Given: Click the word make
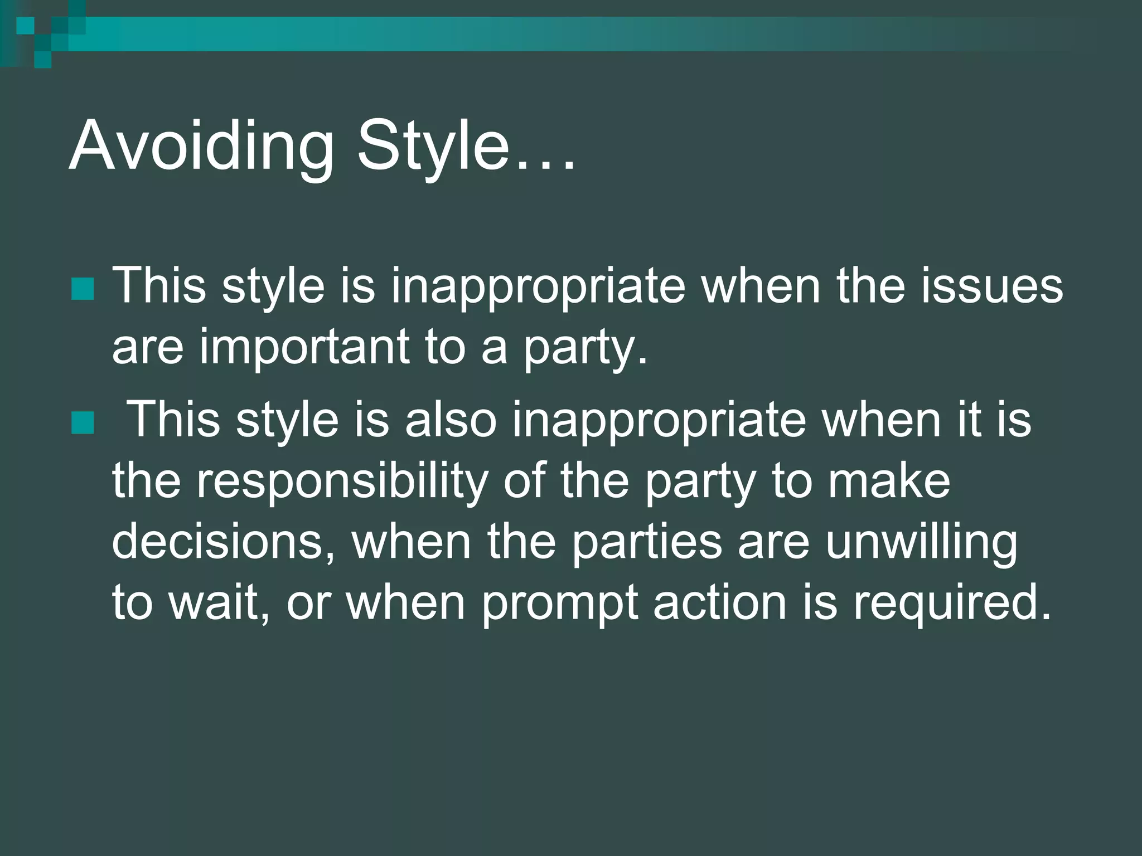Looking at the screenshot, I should pos(889,480).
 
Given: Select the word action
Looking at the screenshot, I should pos(720,603).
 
